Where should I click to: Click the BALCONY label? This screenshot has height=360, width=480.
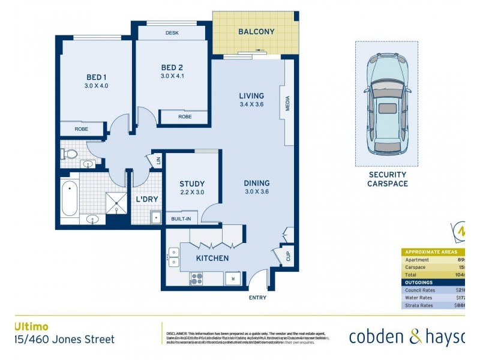pos(256,32)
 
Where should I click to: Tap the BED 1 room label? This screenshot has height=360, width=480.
pos(97,77)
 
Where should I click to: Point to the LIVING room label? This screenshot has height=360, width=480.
pos(251,96)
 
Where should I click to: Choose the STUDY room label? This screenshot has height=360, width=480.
pos(192,184)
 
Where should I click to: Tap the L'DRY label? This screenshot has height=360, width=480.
pos(146,199)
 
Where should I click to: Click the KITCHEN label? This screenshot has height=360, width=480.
pos(212,259)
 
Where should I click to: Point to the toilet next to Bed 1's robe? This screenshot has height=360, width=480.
pos(70,154)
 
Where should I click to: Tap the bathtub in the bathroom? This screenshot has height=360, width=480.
pos(70,199)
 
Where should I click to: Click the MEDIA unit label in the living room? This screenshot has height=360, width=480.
pos(288,104)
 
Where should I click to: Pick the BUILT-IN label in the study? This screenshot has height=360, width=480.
pos(181,219)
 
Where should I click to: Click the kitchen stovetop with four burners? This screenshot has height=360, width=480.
pos(197,278)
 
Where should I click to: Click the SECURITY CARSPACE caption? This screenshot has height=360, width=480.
pos(387,179)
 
